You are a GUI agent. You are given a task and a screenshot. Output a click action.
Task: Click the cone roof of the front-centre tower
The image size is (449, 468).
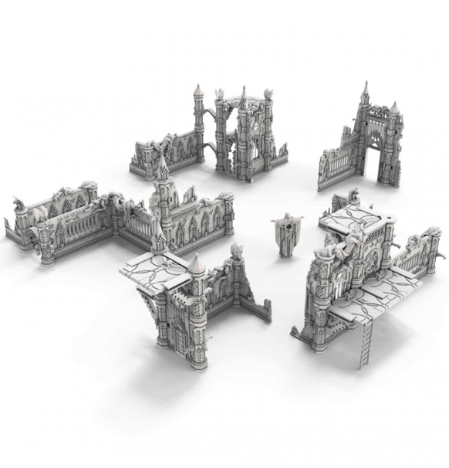(197, 264)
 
